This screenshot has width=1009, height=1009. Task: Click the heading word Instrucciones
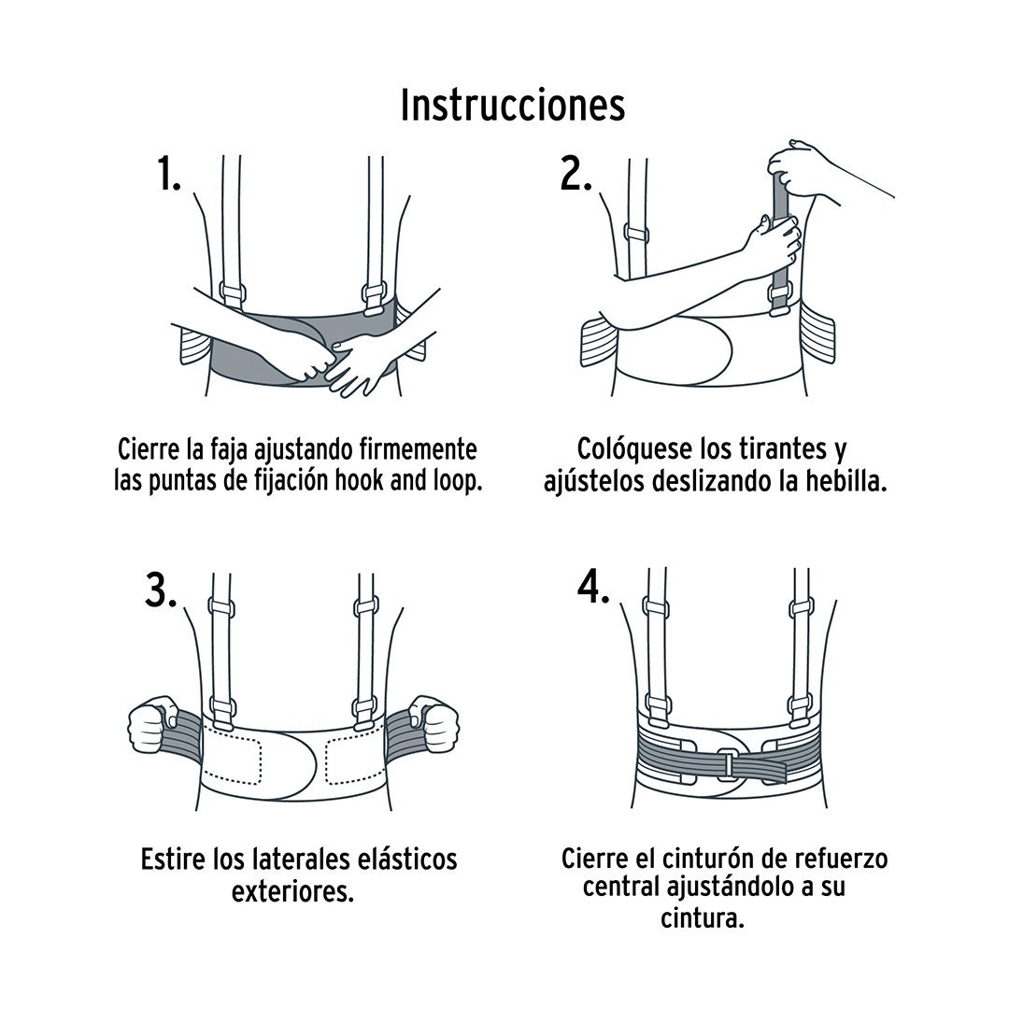512,106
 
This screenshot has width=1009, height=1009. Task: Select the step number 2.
576,173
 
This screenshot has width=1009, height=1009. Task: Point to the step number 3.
161,590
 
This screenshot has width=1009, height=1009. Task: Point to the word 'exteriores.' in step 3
292,891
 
